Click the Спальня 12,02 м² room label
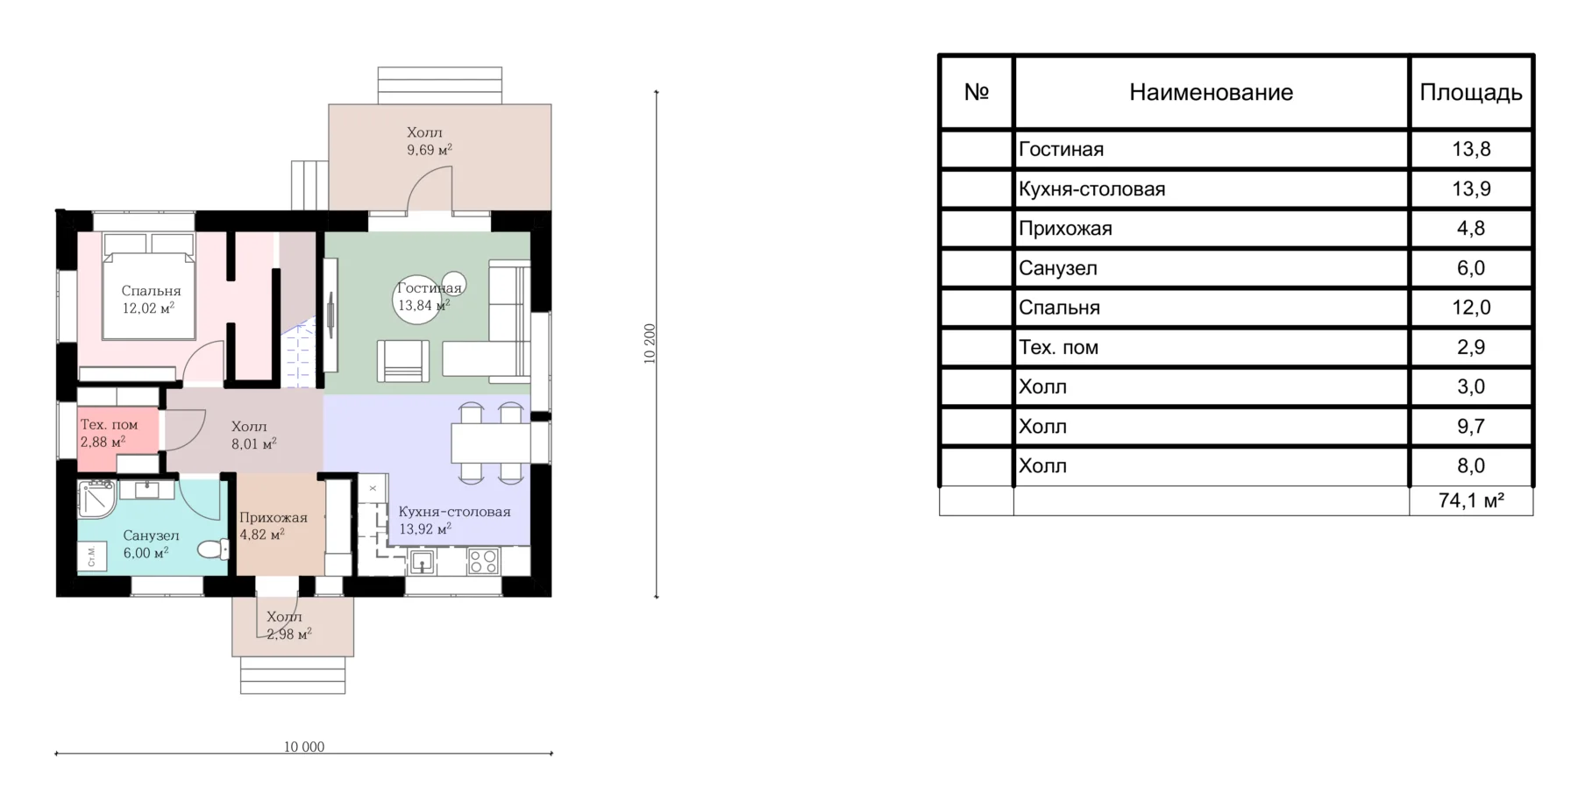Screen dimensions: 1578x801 coord(151,299)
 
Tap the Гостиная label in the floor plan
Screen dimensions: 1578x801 coord(429,288)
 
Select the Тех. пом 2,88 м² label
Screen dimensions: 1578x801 coord(109,433)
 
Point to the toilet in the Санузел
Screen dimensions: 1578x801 coord(211,549)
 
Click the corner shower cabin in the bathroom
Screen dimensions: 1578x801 coord(96,499)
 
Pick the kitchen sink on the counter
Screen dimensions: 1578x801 coord(423,561)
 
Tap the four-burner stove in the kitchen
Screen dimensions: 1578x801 coord(483,561)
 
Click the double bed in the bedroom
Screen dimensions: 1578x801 coord(148,286)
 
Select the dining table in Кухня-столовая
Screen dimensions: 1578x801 coord(491,443)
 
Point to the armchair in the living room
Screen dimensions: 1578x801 coord(403,360)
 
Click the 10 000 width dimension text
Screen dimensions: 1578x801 coord(304,747)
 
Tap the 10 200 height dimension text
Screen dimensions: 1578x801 coord(650,344)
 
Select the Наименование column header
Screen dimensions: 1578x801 coord(1211,92)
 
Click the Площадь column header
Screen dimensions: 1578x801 coord(1470,92)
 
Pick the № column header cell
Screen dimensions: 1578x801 coord(977,92)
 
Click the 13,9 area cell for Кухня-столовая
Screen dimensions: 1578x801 coord(1471,188)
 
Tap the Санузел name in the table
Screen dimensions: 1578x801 coord(1057,268)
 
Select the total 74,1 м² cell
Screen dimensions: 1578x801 coord(1471,500)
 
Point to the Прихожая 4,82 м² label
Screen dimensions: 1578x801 coord(274,526)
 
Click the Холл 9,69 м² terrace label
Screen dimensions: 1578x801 coord(429,140)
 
